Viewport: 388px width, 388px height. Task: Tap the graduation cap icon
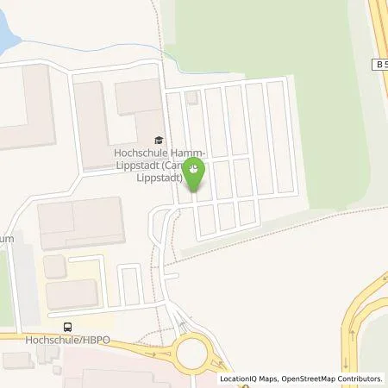pos(157,140)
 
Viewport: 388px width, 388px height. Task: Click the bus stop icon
pos(68,326)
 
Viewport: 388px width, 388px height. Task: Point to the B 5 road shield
pos(379,64)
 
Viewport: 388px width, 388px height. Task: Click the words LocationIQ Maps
pos(247,379)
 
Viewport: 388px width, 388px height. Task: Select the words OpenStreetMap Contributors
pos(333,379)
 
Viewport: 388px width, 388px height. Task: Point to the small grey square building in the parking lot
pos(191,97)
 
